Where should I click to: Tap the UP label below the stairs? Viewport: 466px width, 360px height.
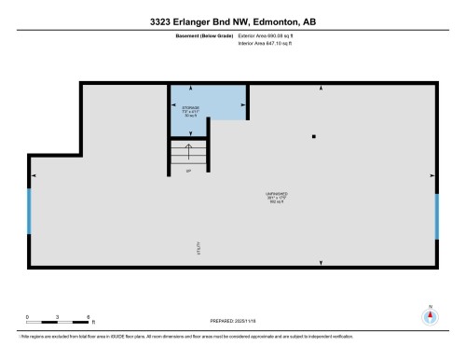point(188,173)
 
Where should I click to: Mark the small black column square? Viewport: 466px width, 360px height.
point(314,137)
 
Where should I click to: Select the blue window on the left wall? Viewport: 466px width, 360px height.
point(29,211)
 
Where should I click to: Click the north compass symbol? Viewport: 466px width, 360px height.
point(430,315)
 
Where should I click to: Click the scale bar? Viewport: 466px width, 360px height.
point(58,323)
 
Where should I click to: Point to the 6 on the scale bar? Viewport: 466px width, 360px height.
point(88,316)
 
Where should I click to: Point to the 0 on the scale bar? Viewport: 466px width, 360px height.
point(28,316)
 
